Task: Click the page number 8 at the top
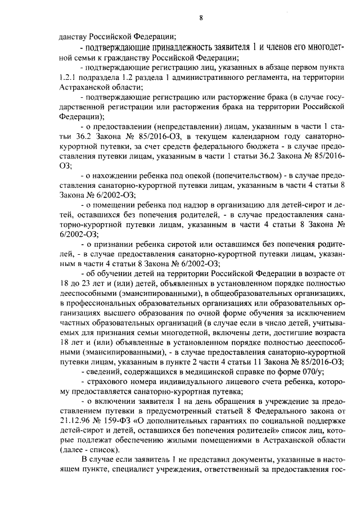coord(200,18)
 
